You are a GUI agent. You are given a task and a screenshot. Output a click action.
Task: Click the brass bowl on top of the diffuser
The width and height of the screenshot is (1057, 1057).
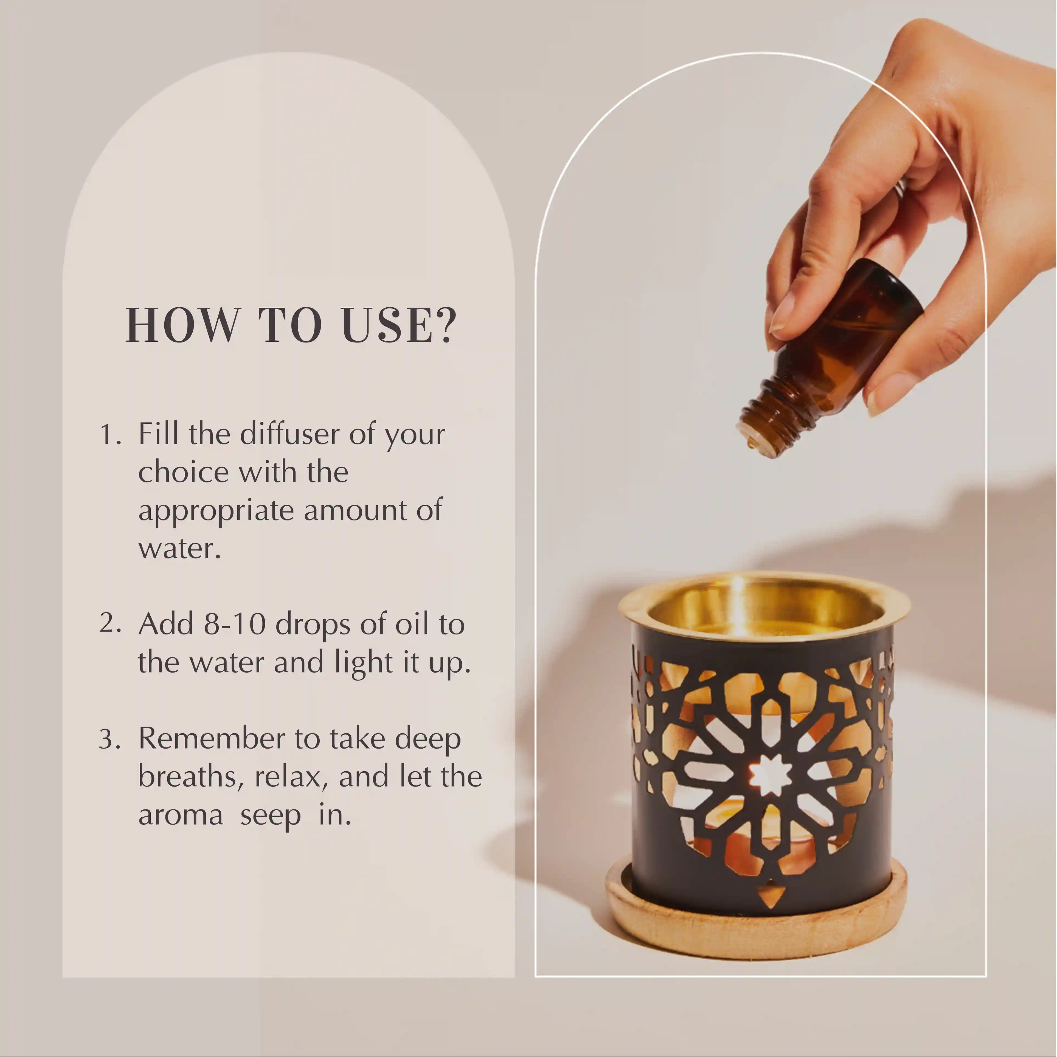(763, 607)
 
